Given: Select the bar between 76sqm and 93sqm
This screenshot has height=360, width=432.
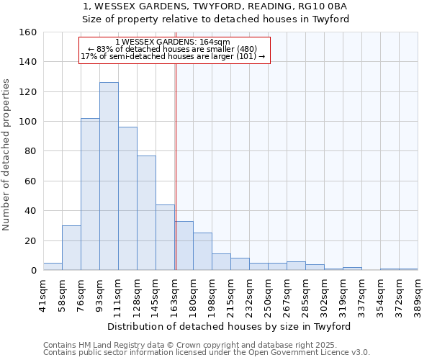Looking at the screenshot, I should tap(90, 194).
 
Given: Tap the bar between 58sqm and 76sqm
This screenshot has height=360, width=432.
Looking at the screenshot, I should tap(71, 248).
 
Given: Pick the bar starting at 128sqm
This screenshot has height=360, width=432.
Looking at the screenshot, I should tap(146, 213).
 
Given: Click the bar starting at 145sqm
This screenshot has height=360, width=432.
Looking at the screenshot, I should tap(165, 238).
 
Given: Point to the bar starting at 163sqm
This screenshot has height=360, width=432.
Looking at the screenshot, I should tap(184, 246).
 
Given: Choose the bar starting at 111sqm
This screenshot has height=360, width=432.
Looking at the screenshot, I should tap(127, 199).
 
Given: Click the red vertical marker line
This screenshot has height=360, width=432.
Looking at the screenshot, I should tap(176, 166).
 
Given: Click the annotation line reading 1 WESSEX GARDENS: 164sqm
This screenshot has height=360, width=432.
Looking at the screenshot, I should tap(173, 42).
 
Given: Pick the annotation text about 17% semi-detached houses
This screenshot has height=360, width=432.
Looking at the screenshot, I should tap(173, 56).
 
